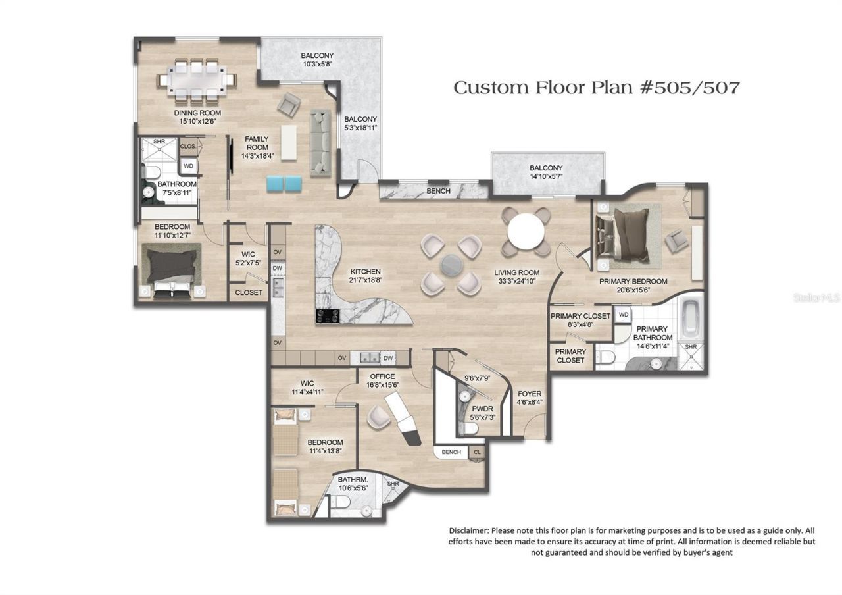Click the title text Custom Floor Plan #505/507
coord(596,88)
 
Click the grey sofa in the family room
coord(320,142)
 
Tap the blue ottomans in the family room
coord(284,184)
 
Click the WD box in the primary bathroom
coord(624,315)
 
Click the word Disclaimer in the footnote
coord(469,530)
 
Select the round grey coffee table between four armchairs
coord(452,264)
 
